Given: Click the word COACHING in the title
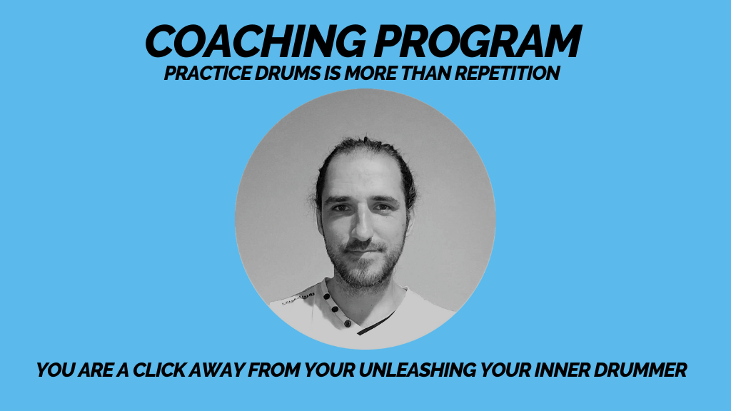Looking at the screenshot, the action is tap(256, 41).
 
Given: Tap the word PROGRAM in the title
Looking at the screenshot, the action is tap(478, 41).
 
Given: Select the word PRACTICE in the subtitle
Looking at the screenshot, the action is tap(208, 73).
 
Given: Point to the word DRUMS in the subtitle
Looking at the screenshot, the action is tap(288, 73).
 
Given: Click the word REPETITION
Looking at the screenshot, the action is tap(508, 73).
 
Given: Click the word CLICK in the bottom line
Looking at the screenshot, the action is tap(159, 370).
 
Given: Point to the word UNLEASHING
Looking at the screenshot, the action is tap(417, 370).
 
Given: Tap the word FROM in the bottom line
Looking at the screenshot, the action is tap(275, 370).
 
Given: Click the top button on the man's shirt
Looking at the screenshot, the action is tap(327, 296).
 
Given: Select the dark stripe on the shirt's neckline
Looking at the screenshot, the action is tap(375, 323).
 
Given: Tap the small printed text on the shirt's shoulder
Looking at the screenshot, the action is tap(298, 298).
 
